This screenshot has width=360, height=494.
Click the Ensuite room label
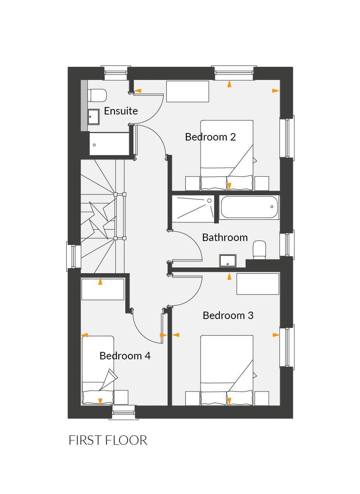point(121,111)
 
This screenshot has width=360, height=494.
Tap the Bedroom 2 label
point(210,137)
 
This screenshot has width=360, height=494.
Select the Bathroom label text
point(225,237)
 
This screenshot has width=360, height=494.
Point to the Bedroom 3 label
point(228,315)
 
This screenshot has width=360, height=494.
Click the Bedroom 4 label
point(125,356)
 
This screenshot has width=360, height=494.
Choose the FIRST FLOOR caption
point(108,440)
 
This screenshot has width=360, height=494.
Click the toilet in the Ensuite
point(97,95)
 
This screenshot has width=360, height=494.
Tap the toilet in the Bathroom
point(259,250)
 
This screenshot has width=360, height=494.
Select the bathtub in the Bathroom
point(249,207)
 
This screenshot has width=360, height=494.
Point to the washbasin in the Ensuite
point(93,116)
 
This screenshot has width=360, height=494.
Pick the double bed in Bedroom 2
point(227,155)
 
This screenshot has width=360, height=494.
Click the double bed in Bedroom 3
point(227,371)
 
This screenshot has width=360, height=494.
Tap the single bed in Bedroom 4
point(98,371)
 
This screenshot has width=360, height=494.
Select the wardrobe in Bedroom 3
point(258,284)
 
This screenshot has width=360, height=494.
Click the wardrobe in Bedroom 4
point(102,289)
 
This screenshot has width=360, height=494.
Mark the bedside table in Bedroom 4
point(121,397)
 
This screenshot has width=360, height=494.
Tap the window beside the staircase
point(74,256)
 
